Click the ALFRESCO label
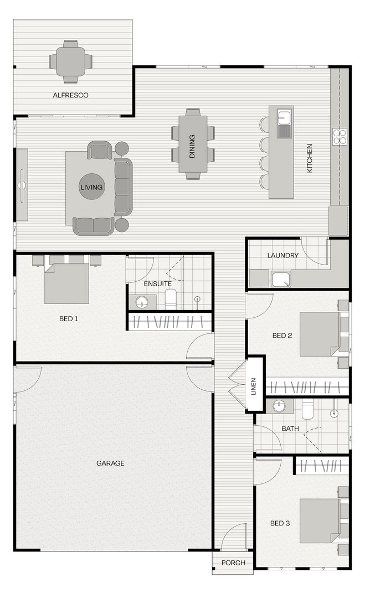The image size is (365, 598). pos(70,95)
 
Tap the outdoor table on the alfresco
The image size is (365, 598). pos(70,61)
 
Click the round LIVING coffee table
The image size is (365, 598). pos(91,187)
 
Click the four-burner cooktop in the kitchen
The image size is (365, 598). pos(340,136)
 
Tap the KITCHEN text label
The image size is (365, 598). pos(310,158)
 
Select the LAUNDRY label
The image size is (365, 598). pos(282,256)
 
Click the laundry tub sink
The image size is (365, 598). pos(281,280)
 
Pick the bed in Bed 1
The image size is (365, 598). pos(66,283)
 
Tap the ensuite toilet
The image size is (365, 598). pos(171,300)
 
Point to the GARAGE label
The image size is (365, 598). pos(110,463)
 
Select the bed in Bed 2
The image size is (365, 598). pos(320,334)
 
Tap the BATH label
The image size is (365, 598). pos(290,429)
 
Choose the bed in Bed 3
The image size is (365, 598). pos(320,520)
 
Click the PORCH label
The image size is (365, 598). pos(233,563)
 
